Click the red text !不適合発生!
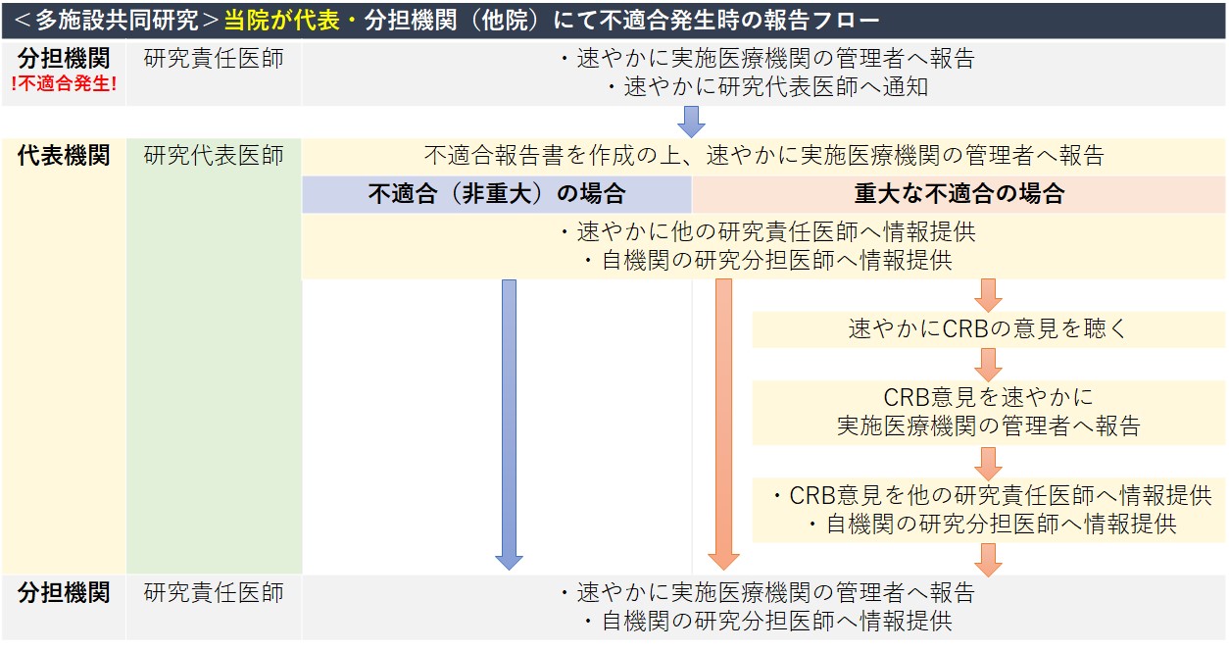click(64, 84)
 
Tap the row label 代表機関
click(64, 155)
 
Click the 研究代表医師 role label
click(214, 155)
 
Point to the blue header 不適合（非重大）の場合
click(496, 194)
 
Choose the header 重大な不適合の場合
click(959, 194)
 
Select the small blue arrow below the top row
click(692, 122)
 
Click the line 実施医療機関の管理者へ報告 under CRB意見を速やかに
click(988, 426)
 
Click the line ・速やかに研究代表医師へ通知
click(764, 87)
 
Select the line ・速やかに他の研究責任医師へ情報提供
click(764, 232)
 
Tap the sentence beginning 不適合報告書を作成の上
click(764, 155)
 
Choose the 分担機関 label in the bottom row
click(64, 593)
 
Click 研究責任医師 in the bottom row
click(214, 593)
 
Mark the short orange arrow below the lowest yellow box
click(988, 559)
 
